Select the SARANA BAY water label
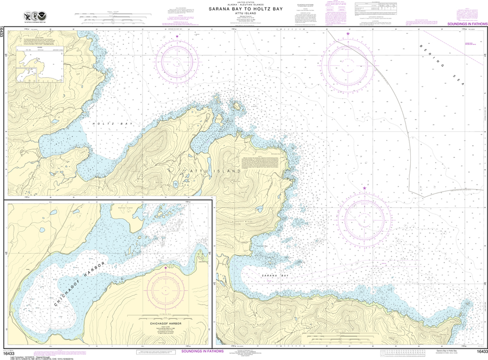[275, 276]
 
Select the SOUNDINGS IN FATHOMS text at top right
[467, 24]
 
